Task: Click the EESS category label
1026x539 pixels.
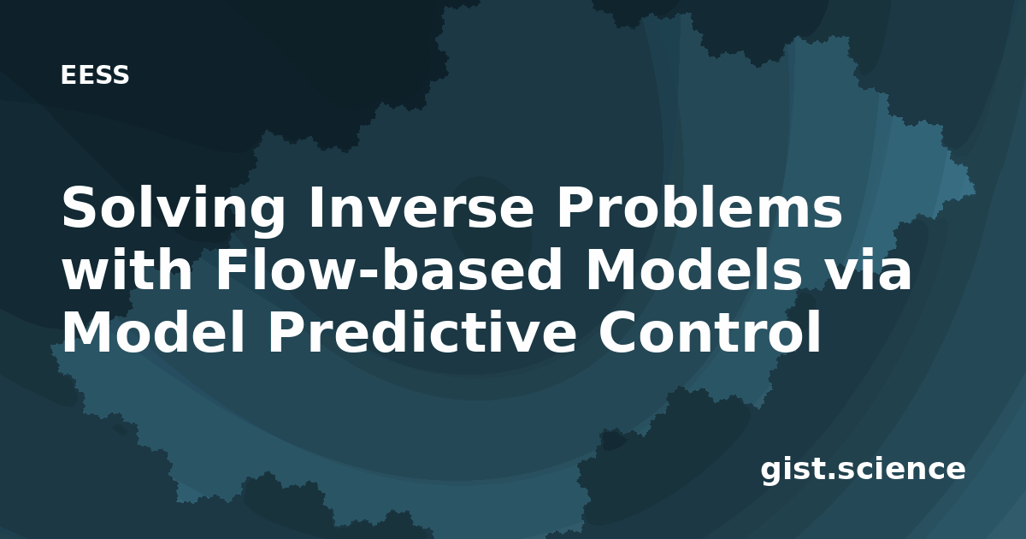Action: click(x=95, y=75)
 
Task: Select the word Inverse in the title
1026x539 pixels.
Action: click(x=422, y=207)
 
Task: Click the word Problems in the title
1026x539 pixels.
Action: click(x=699, y=207)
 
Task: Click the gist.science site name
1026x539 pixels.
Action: click(x=863, y=471)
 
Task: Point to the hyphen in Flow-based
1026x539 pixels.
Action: click(x=363, y=274)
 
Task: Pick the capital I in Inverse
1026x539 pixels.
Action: click(x=315, y=207)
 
